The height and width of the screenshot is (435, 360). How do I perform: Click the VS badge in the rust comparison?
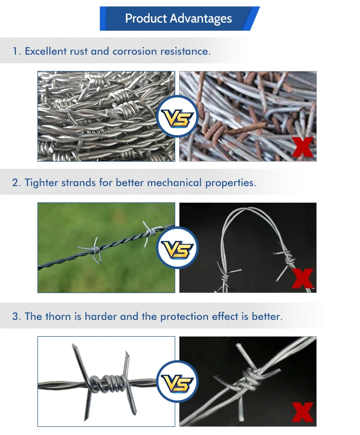coord(177,117)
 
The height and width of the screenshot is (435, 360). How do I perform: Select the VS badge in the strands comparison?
coord(177,247)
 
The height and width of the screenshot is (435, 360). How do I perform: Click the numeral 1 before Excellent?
coord(15,51)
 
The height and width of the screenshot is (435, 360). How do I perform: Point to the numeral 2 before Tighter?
coord(15,182)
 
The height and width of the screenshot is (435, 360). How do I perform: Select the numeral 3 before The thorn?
coord(15,317)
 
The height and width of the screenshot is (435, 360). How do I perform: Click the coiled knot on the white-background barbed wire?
coord(104,383)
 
